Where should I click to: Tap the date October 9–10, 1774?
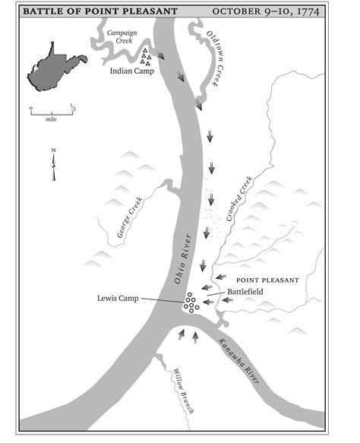click(276, 11)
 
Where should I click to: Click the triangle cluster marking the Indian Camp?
click(144, 56)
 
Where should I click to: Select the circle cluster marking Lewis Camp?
click(190, 302)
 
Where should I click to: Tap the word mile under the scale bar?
click(52, 119)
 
